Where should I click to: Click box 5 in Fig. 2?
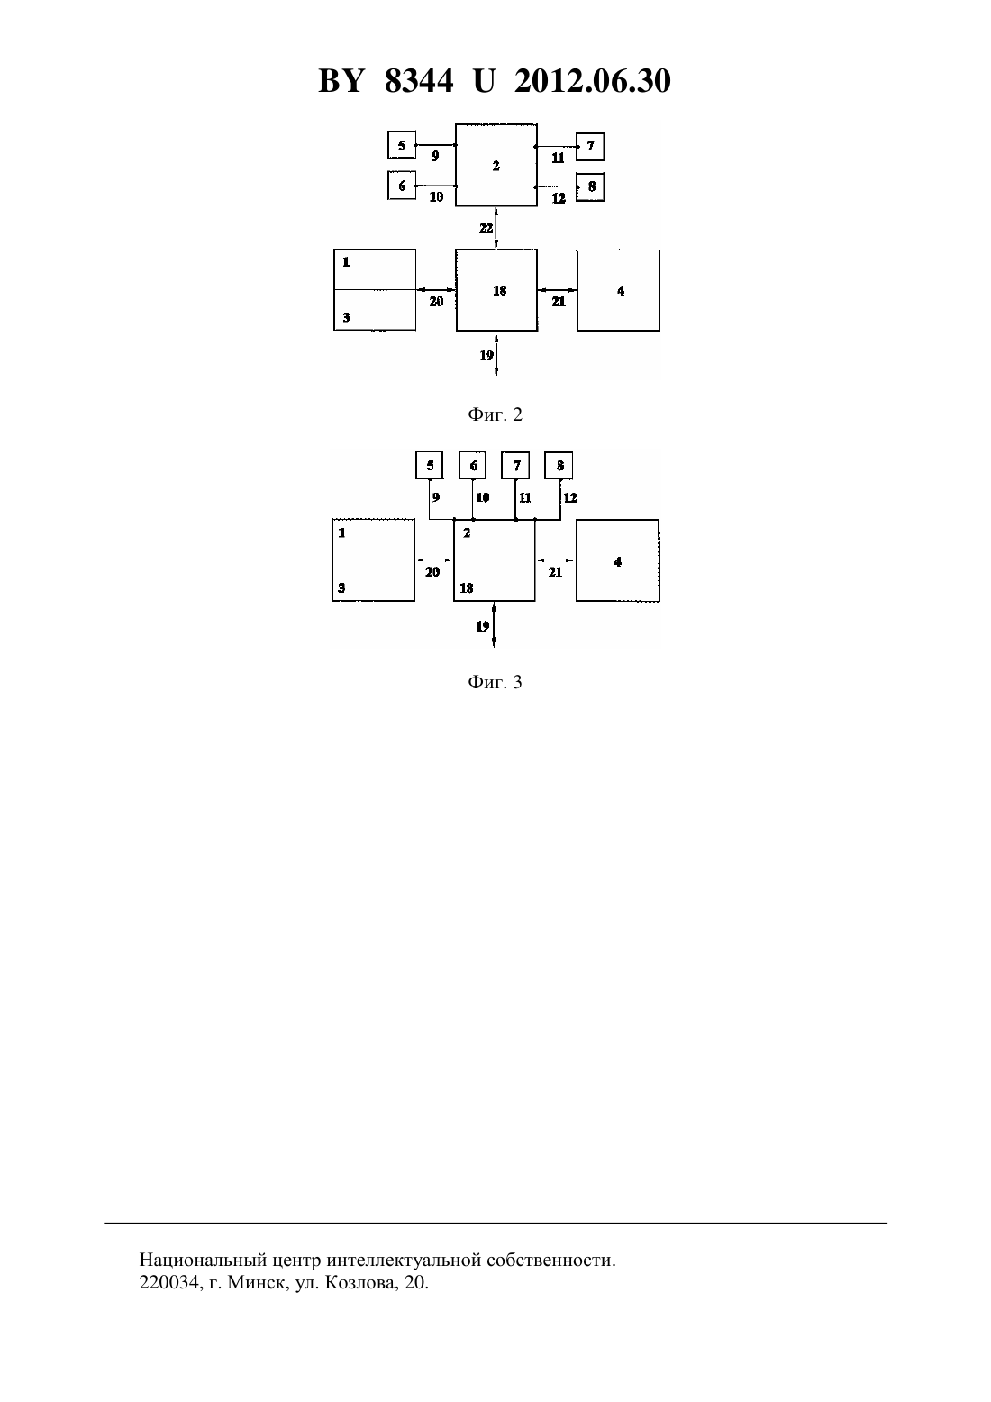tap(402, 145)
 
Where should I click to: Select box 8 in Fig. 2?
tap(590, 187)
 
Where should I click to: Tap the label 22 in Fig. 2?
tap(486, 229)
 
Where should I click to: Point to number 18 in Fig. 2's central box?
tap(499, 290)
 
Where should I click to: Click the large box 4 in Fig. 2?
tap(618, 290)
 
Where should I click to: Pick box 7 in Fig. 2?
tap(590, 147)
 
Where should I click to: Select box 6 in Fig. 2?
tap(402, 186)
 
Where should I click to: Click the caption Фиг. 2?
tap(495, 414)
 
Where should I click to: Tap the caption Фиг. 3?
tap(495, 682)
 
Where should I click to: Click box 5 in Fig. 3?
tap(429, 466)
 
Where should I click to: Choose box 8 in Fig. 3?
tap(559, 466)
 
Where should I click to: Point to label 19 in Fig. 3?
tap(482, 626)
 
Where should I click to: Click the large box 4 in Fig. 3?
tap(617, 560)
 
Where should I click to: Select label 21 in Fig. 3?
tap(555, 572)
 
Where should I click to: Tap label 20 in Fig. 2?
tap(436, 302)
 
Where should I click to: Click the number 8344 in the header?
tap(419, 81)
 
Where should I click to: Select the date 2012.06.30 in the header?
tap(593, 81)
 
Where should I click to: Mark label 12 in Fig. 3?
tap(570, 498)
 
